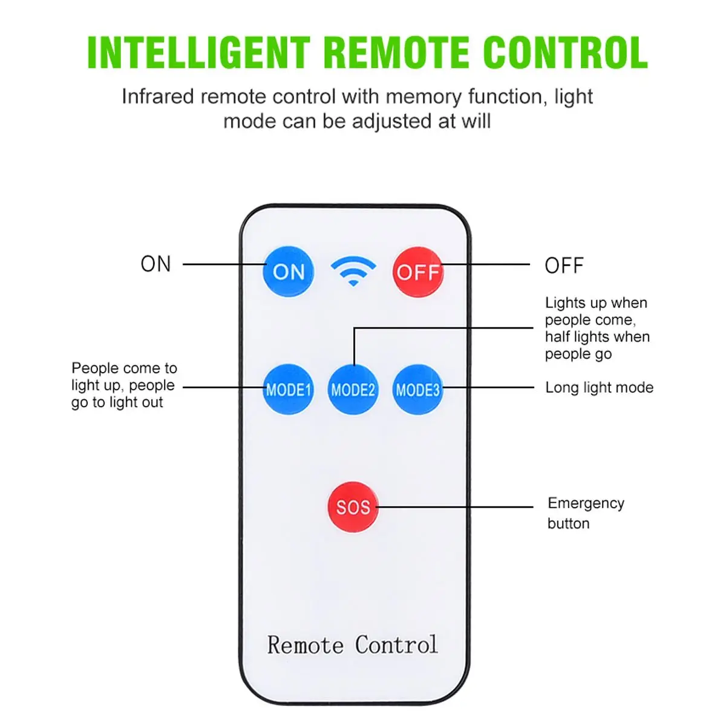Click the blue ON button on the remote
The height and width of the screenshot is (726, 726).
point(288,271)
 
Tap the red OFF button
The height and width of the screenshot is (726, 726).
point(418,272)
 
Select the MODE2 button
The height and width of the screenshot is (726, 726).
point(353,390)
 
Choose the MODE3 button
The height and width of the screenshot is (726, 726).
point(418,390)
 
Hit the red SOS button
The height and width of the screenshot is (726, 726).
point(353,507)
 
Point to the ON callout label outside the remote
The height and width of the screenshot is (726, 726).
point(155,264)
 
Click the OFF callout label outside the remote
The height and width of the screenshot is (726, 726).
point(564,265)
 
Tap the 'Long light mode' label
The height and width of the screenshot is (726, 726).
point(600,387)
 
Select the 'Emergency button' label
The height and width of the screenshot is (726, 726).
point(586,513)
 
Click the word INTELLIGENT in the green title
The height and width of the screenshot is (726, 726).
point(199,53)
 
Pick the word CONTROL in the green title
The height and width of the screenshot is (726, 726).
point(566,53)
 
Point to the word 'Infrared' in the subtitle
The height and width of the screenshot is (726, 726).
point(157,96)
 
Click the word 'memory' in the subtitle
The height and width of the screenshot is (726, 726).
point(423,97)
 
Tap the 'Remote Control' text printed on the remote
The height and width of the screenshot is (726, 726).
point(353,644)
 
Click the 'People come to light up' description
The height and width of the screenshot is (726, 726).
point(124,385)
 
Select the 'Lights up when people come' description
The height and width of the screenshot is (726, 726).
point(597,328)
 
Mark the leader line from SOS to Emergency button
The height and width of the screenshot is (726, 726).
point(455,507)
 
